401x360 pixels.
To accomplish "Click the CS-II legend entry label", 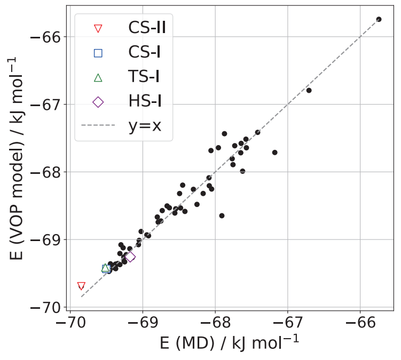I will [147, 27].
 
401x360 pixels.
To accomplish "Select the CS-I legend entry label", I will [144, 52].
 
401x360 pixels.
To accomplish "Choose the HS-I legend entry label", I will [145, 102].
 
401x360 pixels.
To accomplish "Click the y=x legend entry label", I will [145, 126].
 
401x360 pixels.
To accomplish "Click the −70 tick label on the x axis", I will [70, 324].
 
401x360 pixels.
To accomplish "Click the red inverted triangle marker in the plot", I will [81, 286].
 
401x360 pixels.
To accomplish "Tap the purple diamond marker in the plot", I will [130, 257].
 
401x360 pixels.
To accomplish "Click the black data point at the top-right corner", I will [379, 19].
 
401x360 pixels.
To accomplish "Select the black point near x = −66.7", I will [309, 90].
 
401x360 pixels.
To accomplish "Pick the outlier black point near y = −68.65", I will [222, 215].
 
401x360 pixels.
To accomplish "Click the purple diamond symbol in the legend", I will [98, 102].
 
